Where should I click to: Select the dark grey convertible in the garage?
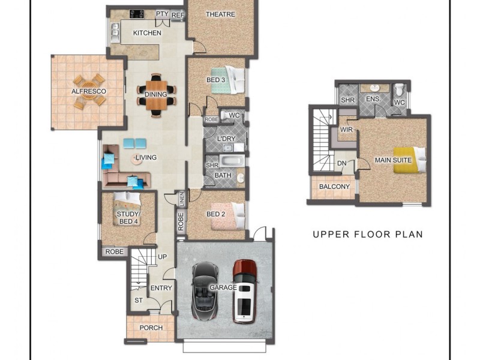coord(204,291)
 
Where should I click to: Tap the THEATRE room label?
coord(220,14)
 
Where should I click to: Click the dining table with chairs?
coord(157,95)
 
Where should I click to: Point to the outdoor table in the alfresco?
coord(89,91)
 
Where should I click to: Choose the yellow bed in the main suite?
coord(410,160)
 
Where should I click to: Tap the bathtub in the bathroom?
coord(231,161)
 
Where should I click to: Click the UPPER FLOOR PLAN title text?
coord(367,234)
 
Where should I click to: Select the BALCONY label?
coord(334,187)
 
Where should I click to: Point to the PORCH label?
coord(151,328)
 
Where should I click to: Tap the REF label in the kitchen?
coord(178,15)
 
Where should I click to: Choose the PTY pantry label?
coord(161,14)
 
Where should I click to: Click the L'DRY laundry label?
coord(226,139)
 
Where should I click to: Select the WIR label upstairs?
coord(346,128)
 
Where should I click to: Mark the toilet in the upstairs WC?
coord(400,91)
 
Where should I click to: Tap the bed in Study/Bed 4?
coord(127,199)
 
